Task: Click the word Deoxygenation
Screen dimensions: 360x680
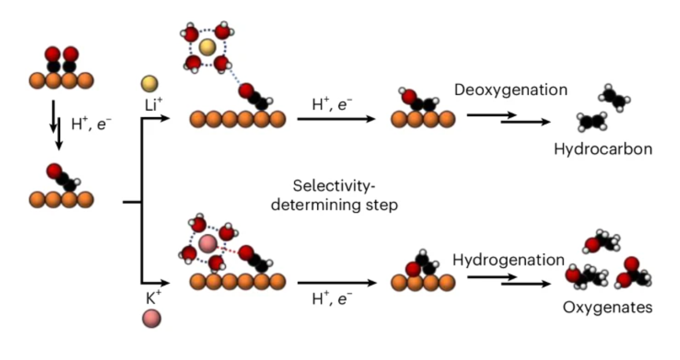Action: point(511,89)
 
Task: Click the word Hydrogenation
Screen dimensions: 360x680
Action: point(508,259)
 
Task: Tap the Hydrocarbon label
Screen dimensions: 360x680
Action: point(603,149)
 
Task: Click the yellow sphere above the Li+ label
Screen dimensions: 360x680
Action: point(149,84)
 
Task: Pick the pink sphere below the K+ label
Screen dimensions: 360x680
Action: point(151,319)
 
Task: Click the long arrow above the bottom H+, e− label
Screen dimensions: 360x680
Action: point(337,283)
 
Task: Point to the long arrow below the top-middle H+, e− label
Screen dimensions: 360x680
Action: point(337,119)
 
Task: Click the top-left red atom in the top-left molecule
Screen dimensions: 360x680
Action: point(52,54)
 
